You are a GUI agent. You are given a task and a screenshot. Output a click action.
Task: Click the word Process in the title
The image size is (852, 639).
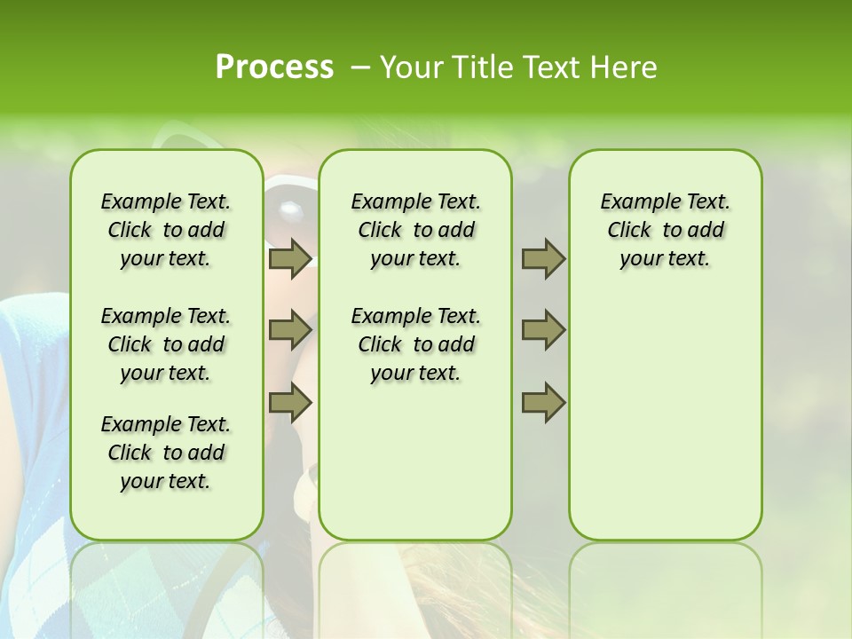(274, 67)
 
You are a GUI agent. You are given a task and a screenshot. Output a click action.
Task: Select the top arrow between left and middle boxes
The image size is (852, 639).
(290, 258)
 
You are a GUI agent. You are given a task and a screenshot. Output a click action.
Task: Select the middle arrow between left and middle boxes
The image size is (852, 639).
(290, 330)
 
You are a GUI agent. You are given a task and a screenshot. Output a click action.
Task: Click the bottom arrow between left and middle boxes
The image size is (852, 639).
(290, 403)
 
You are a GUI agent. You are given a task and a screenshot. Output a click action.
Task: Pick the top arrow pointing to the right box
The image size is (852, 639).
(543, 258)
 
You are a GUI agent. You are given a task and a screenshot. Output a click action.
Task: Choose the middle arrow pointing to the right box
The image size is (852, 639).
(543, 330)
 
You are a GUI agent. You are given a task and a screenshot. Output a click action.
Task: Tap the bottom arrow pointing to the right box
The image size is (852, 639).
(543, 403)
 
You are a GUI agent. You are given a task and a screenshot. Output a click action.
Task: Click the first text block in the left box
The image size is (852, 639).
(166, 230)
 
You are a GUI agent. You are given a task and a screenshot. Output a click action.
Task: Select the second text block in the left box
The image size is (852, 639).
(166, 344)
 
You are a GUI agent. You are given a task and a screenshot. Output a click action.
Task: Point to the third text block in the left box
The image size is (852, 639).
(166, 453)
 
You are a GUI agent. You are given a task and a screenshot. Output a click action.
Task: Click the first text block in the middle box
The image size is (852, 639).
(415, 230)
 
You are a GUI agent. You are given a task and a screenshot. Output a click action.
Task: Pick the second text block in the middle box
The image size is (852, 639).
(415, 344)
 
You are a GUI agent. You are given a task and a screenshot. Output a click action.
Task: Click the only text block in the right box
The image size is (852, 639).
(665, 230)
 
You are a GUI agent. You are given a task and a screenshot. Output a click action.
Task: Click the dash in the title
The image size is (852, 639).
(360, 68)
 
